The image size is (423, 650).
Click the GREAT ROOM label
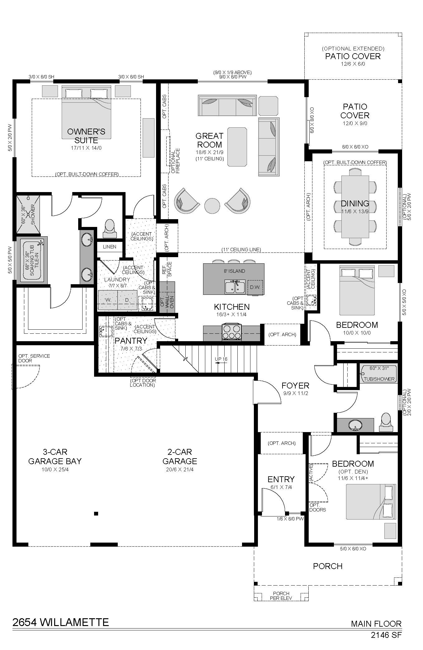(x=209, y=140)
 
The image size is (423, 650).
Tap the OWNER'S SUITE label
(x=86, y=136)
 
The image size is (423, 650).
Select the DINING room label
(x=355, y=204)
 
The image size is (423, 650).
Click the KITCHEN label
(x=232, y=307)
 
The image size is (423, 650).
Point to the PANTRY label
(x=131, y=341)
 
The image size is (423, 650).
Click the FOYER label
(x=295, y=386)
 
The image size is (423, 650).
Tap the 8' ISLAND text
(x=235, y=271)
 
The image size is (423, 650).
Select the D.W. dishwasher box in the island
(x=255, y=287)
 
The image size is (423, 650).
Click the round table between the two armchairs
(x=212, y=205)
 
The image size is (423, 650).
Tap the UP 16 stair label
(x=221, y=359)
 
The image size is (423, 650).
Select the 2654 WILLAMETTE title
(x=61, y=622)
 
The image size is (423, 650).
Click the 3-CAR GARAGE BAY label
(x=55, y=456)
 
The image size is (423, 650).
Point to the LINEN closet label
(x=109, y=247)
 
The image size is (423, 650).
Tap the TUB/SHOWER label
(x=379, y=379)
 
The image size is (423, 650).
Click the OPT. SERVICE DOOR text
(x=34, y=358)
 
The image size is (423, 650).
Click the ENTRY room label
(x=281, y=479)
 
